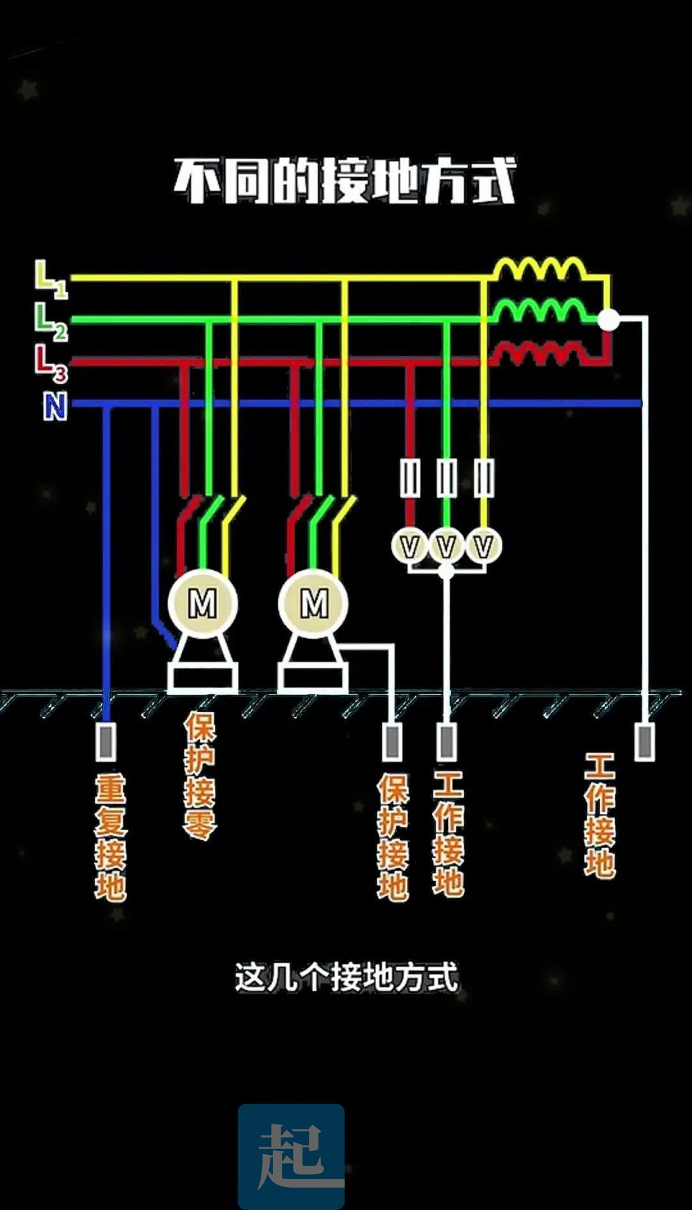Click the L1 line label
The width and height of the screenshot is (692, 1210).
(51, 279)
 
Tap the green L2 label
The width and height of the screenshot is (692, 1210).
(51, 321)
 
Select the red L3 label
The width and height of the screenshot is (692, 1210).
(51, 363)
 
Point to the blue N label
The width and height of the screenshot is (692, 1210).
(55, 406)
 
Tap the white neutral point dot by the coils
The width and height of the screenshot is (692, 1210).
(608, 319)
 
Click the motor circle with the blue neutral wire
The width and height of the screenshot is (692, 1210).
(202, 603)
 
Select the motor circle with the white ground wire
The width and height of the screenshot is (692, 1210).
(313, 603)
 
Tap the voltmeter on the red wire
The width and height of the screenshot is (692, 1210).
(409, 546)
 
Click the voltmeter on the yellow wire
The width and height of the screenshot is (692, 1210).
(484, 546)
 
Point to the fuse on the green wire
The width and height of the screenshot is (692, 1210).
(447, 478)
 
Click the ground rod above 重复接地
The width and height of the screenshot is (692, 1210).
(106, 741)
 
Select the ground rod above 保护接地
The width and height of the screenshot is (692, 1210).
(392, 741)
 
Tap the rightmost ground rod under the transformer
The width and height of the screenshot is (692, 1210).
(644, 741)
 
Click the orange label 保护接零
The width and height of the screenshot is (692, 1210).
(200, 775)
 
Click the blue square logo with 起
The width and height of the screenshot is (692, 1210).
(291, 1156)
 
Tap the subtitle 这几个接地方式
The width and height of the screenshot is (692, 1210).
(347, 978)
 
